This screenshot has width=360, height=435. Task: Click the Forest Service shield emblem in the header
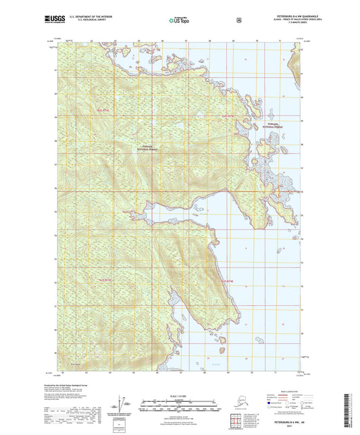pyautogui.click(x=238, y=20)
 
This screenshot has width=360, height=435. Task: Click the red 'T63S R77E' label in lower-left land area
pyautogui.click(x=103, y=280)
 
